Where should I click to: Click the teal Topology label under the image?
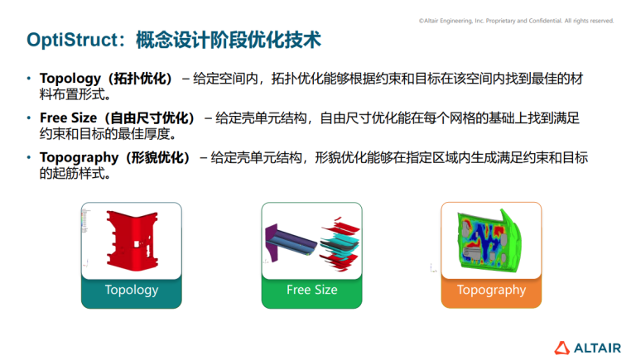131,290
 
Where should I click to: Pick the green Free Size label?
311,290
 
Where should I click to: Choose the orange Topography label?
491,290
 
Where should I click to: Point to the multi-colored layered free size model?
312,239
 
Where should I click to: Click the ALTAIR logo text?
593,347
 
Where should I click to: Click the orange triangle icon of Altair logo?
561,347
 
